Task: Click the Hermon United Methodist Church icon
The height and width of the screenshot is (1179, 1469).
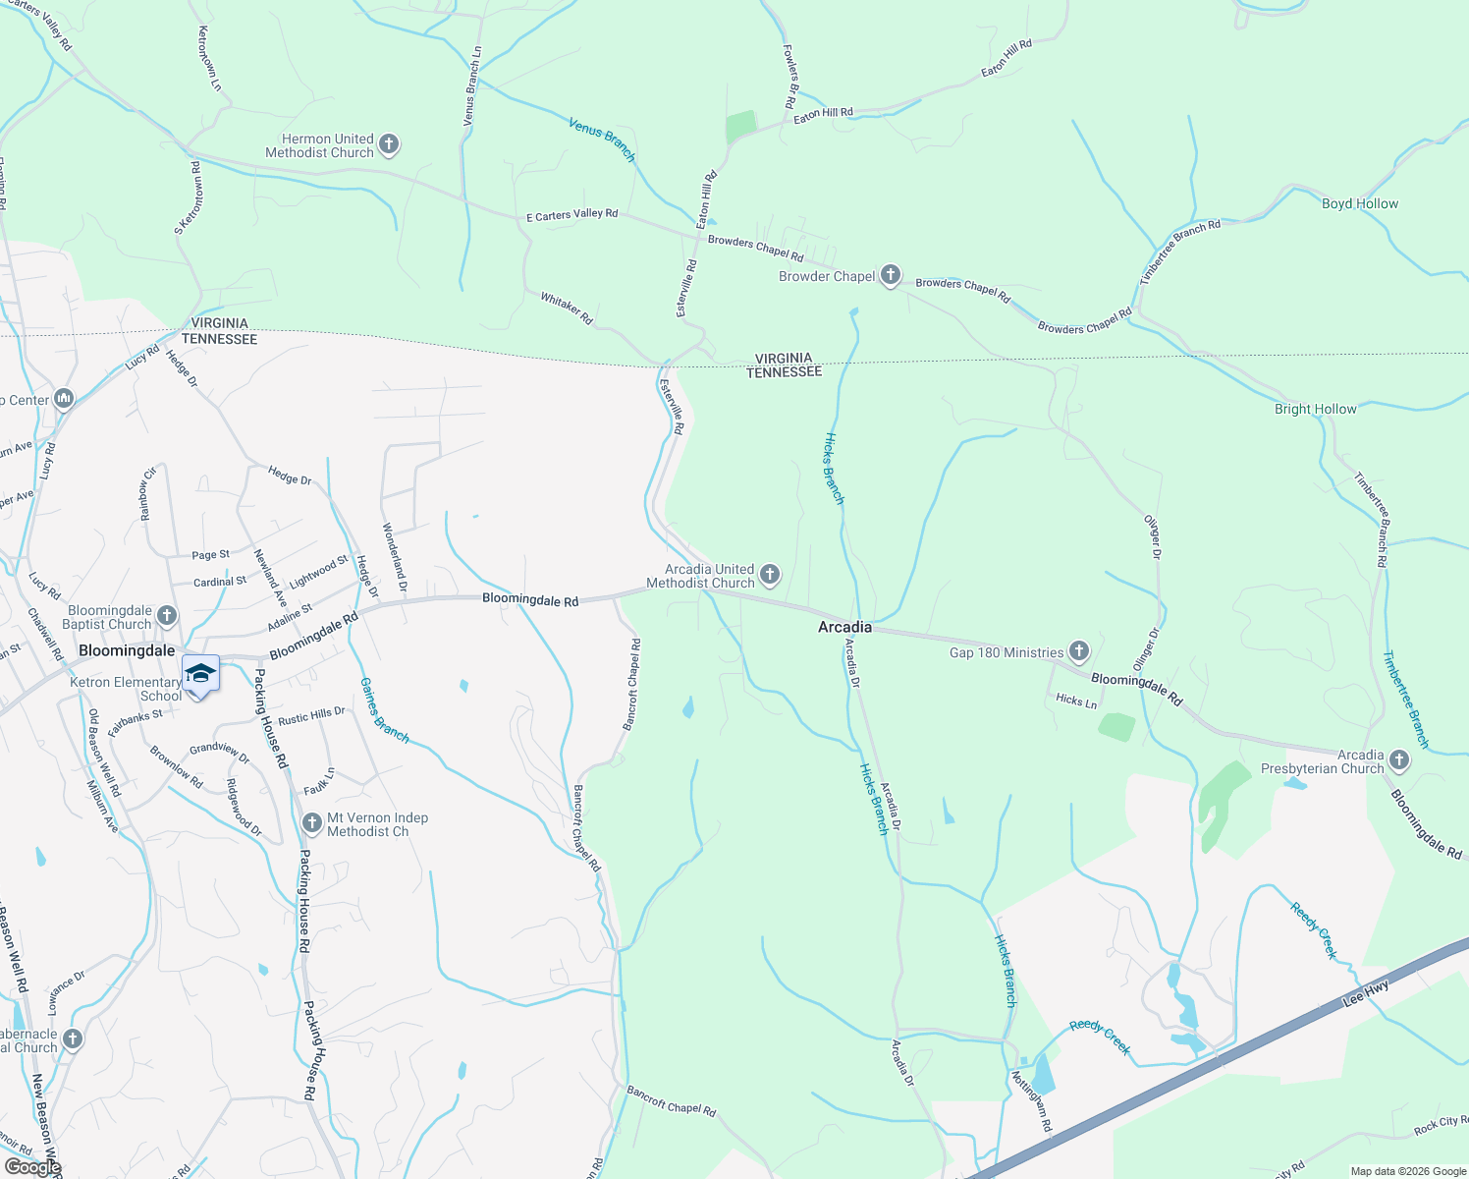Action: coord(389,145)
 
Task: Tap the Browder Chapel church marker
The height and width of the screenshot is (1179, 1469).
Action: coord(891,275)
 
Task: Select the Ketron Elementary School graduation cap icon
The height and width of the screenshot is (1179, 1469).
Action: coord(200,674)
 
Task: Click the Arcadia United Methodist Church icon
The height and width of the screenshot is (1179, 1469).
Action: coord(770,575)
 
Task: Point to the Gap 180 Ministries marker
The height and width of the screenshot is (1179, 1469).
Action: coord(1079,651)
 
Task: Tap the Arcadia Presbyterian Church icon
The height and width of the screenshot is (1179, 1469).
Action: coord(1399,759)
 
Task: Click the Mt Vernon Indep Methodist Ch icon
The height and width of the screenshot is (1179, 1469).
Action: coord(312,822)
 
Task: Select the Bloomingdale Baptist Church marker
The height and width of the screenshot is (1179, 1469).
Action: coord(167,616)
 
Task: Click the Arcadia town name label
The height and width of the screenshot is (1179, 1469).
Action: coord(844,627)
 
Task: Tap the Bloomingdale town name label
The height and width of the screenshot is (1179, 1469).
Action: coord(127,650)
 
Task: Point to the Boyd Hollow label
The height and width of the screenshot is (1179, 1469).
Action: coord(1359,203)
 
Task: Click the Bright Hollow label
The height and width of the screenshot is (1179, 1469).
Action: coord(1315,409)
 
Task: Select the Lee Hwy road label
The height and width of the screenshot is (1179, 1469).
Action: coord(1366,993)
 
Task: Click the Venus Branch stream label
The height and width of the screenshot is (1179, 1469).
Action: coord(602,139)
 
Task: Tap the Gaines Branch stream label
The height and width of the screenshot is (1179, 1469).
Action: coord(384,709)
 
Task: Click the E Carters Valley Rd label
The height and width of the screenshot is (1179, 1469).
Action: coord(571,214)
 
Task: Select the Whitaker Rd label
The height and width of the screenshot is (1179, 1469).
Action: coord(567,307)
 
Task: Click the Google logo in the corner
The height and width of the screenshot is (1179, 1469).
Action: coord(33,1167)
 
